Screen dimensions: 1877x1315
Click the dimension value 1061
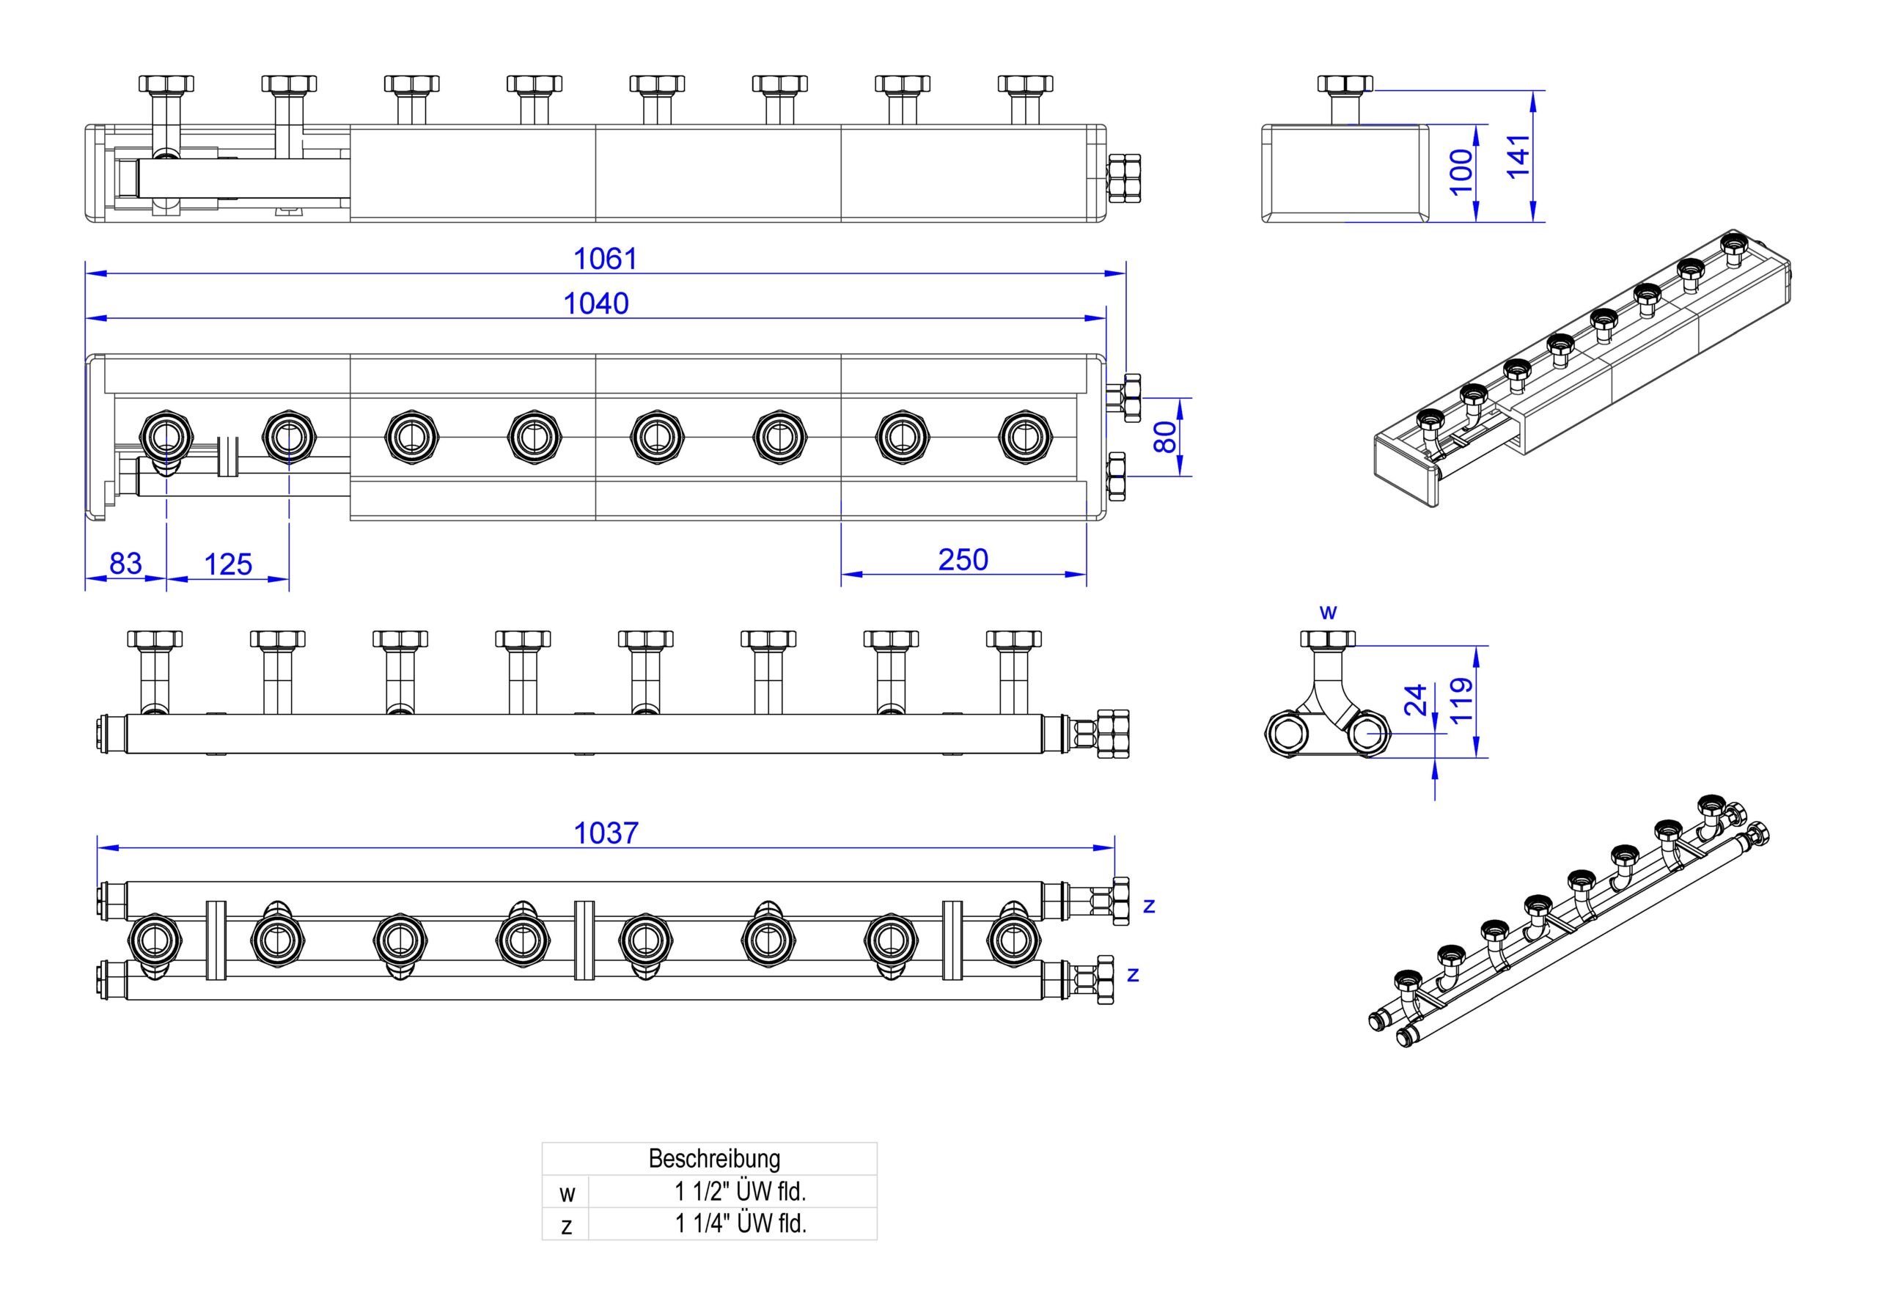tap(605, 259)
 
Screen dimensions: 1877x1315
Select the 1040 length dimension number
tap(596, 304)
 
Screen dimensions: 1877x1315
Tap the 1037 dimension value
tap(606, 833)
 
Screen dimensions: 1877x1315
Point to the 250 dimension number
tap(963, 560)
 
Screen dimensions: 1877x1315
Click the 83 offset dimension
tap(126, 563)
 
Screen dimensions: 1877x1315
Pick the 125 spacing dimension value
tap(228, 564)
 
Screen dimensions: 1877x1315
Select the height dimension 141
tap(1517, 156)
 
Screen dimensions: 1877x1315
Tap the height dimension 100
tap(1461, 172)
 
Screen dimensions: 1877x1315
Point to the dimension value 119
tap(1460, 701)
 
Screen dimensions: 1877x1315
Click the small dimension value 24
tap(1415, 699)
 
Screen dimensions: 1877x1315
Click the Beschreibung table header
tap(714, 1158)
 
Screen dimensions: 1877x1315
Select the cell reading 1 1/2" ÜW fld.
tap(740, 1192)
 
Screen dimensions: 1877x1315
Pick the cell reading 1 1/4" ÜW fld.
tap(740, 1223)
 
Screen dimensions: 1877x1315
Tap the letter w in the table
tap(567, 1194)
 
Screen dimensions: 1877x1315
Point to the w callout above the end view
tap(1329, 612)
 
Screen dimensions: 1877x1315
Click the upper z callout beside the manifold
tap(1150, 905)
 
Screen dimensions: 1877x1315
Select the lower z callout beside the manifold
tap(1133, 975)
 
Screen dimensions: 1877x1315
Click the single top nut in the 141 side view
tap(1345, 84)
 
